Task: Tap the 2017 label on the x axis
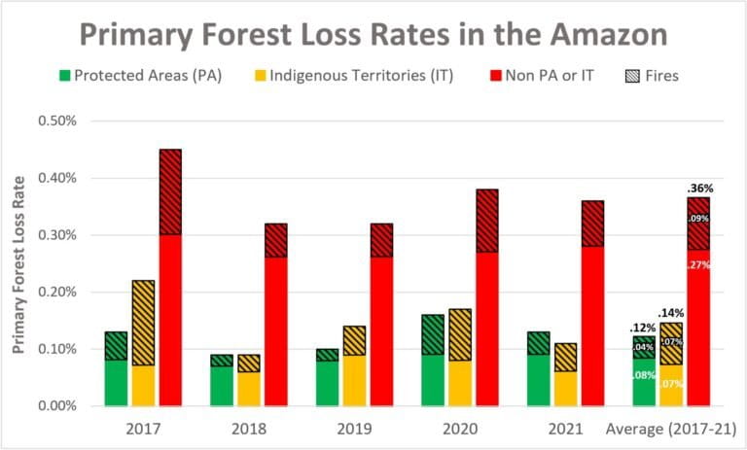coord(143,429)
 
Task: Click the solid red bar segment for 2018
coord(275,330)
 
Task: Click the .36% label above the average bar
coord(701,188)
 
